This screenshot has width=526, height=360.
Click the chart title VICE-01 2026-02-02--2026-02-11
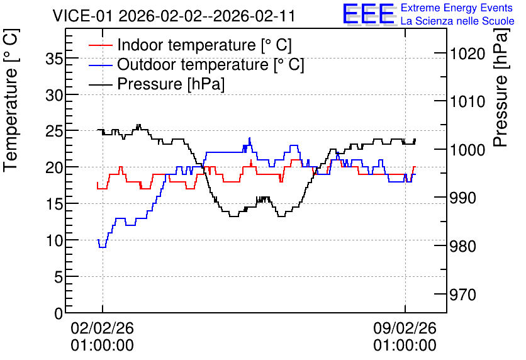click(x=174, y=16)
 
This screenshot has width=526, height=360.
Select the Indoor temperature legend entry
click(x=190, y=45)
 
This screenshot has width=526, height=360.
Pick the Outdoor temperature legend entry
click(x=196, y=64)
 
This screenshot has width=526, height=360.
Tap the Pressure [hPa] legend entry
click(x=157, y=84)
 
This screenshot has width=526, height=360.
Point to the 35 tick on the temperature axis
click(x=54, y=59)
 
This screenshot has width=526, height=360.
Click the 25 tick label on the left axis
click(x=54, y=131)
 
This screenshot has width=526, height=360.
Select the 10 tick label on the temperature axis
click(x=54, y=240)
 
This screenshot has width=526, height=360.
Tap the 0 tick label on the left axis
click(x=59, y=313)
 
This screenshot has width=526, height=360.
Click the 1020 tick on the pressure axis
click(x=467, y=53)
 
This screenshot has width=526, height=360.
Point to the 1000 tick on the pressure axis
click(x=467, y=150)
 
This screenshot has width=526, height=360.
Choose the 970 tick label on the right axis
click(x=462, y=295)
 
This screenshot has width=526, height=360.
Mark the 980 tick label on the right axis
click(x=462, y=247)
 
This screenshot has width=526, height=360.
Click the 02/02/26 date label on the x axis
click(x=103, y=328)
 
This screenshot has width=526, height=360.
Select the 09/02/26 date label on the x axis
click(x=405, y=328)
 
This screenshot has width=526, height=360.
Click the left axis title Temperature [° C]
click(x=11, y=101)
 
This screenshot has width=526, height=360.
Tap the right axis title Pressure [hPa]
click(x=501, y=87)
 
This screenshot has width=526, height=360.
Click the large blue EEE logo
click(x=369, y=14)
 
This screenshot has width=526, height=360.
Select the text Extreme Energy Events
click(x=457, y=8)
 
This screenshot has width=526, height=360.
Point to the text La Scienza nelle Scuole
click(x=457, y=21)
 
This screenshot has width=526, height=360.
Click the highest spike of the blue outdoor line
click(x=250, y=138)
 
